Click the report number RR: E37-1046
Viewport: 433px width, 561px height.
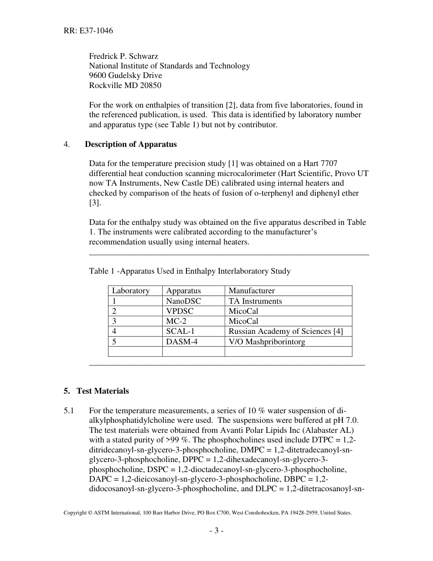pos(88,31)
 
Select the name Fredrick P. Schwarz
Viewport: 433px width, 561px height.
pos(124,56)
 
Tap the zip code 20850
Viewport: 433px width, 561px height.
pos(150,85)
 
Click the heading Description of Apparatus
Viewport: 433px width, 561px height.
pos(131,144)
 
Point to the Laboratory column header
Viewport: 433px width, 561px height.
pos(131,291)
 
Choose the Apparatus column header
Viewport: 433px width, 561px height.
pos(183,291)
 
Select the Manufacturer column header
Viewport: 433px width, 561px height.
pos(252,291)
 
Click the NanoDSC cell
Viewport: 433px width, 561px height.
pos(183,301)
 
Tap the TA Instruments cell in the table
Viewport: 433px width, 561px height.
pos(255,301)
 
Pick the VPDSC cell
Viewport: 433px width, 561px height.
pos(180,311)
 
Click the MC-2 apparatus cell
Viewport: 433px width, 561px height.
pos(177,321)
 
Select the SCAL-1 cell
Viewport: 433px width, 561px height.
pos(180,331)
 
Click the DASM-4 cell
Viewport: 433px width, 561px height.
pos(182,341)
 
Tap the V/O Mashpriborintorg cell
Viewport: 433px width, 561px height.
pos(267,341)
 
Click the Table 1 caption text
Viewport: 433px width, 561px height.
pos(190,271)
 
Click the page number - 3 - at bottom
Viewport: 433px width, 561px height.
pos(216,530)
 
